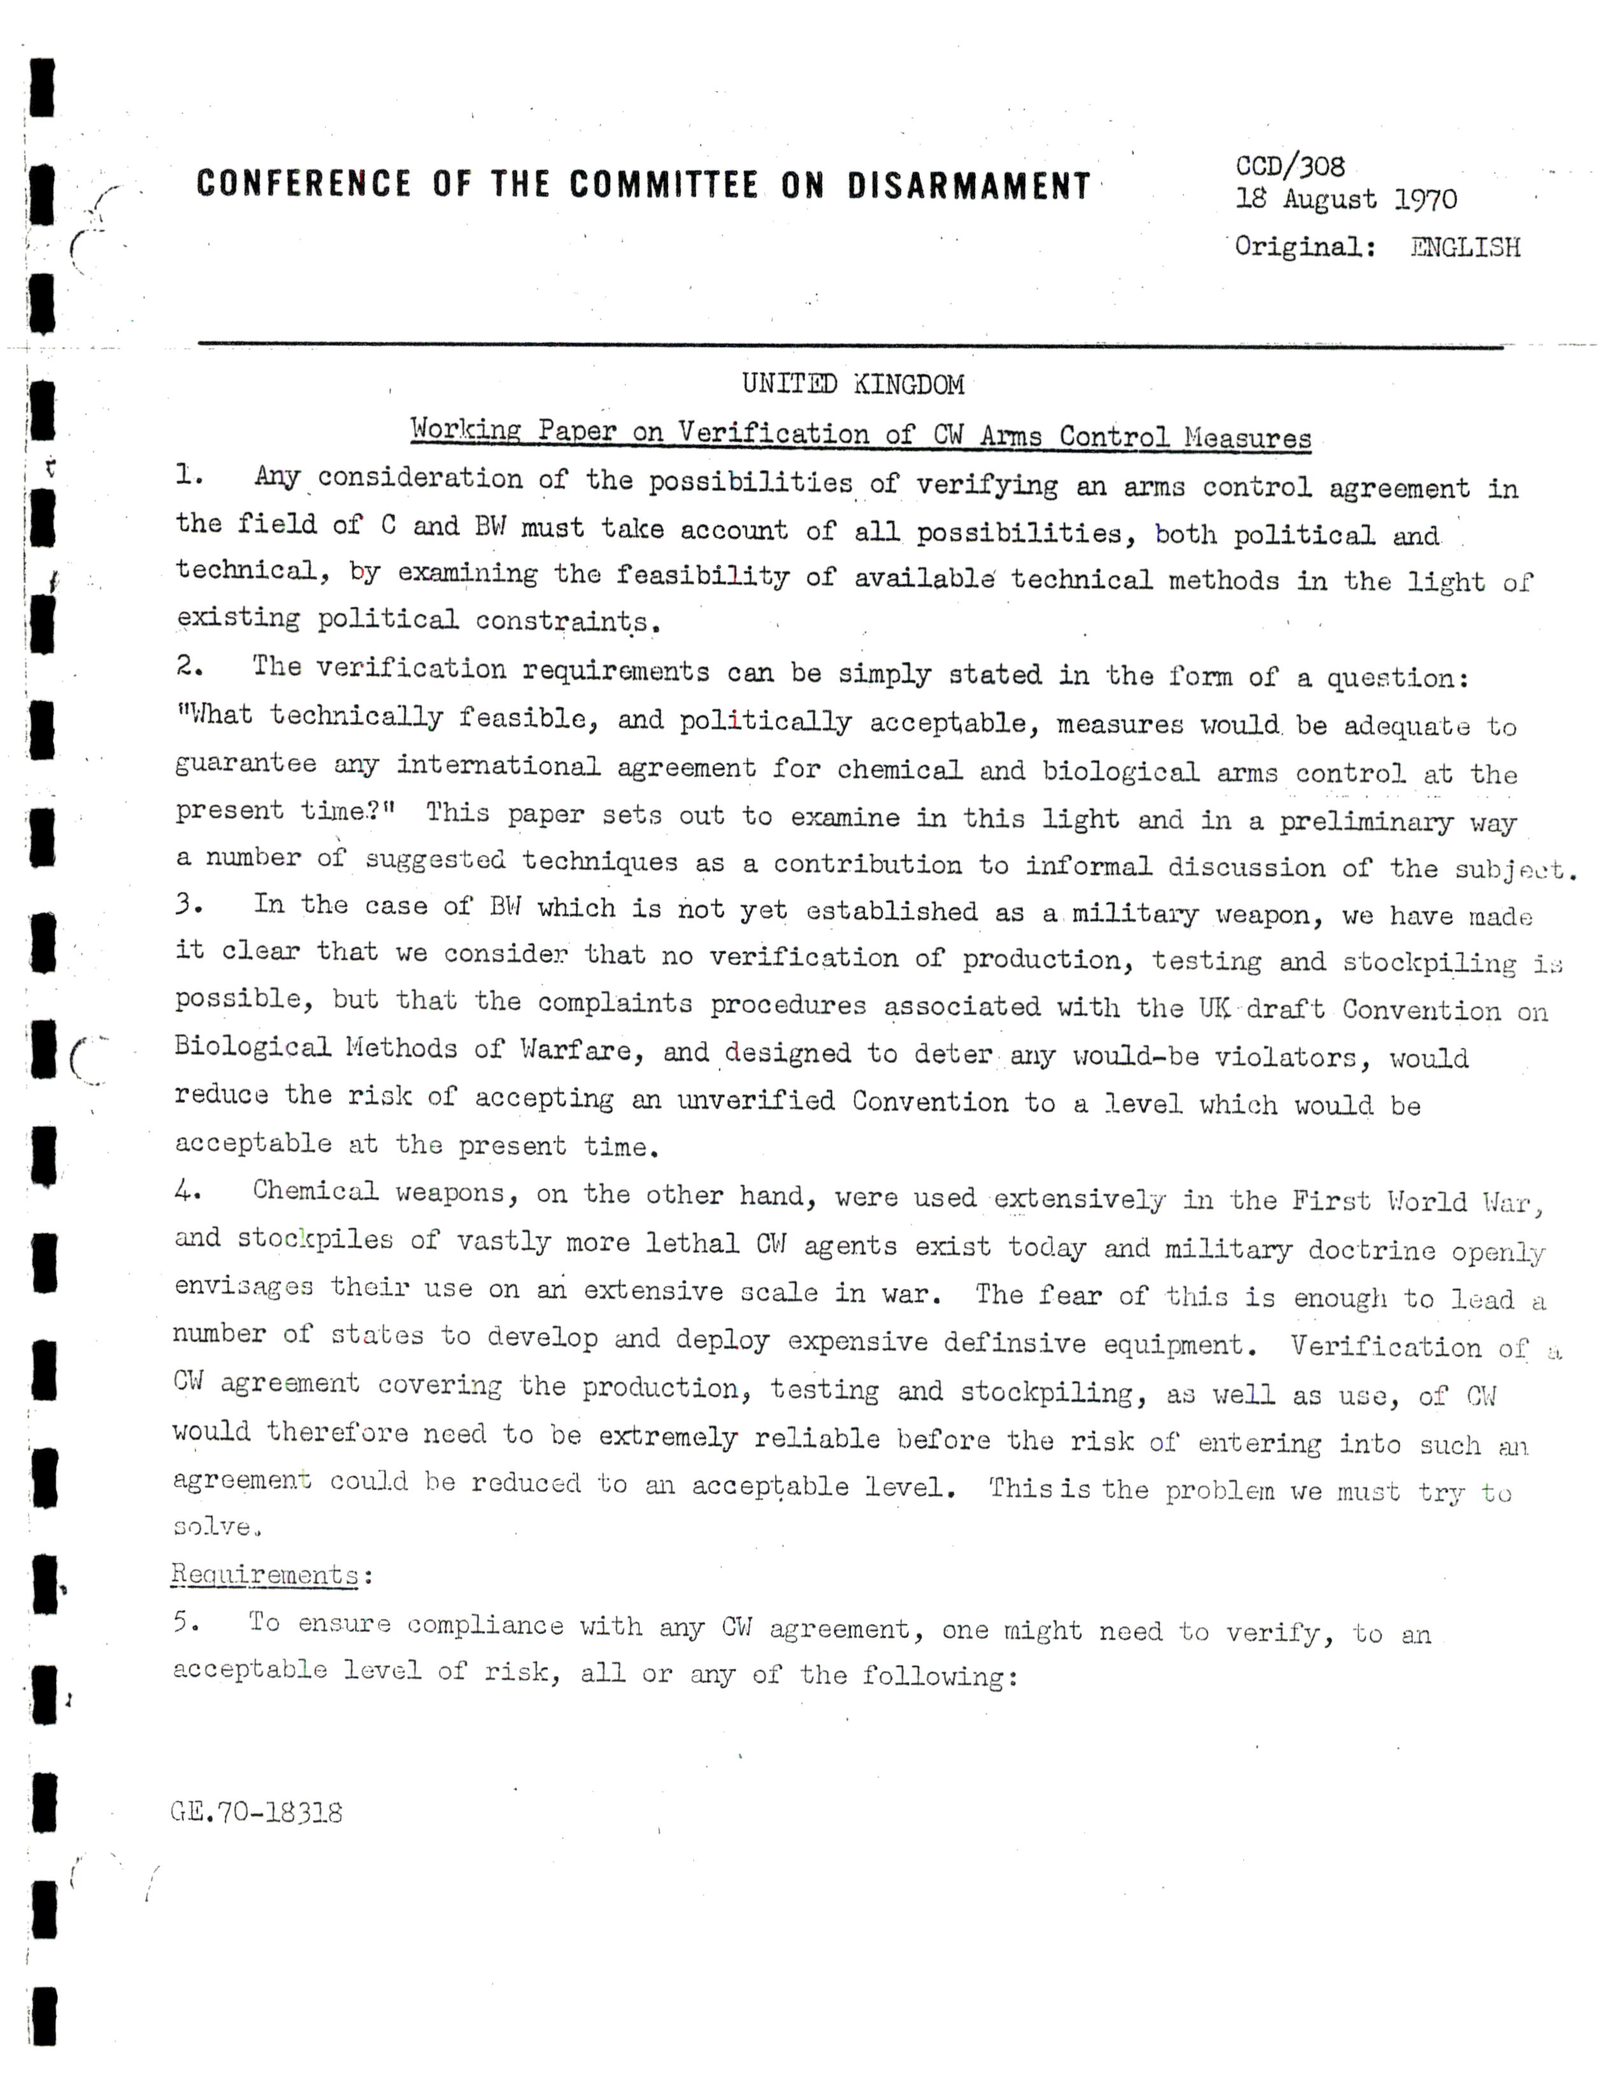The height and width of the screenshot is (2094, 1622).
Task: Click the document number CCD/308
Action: point(1290,167)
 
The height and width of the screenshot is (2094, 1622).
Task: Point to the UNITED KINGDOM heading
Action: point(852,385)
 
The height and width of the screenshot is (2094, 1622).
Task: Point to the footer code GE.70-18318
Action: point(256,1812)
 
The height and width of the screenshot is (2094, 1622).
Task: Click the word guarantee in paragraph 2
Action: point(245,764)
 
